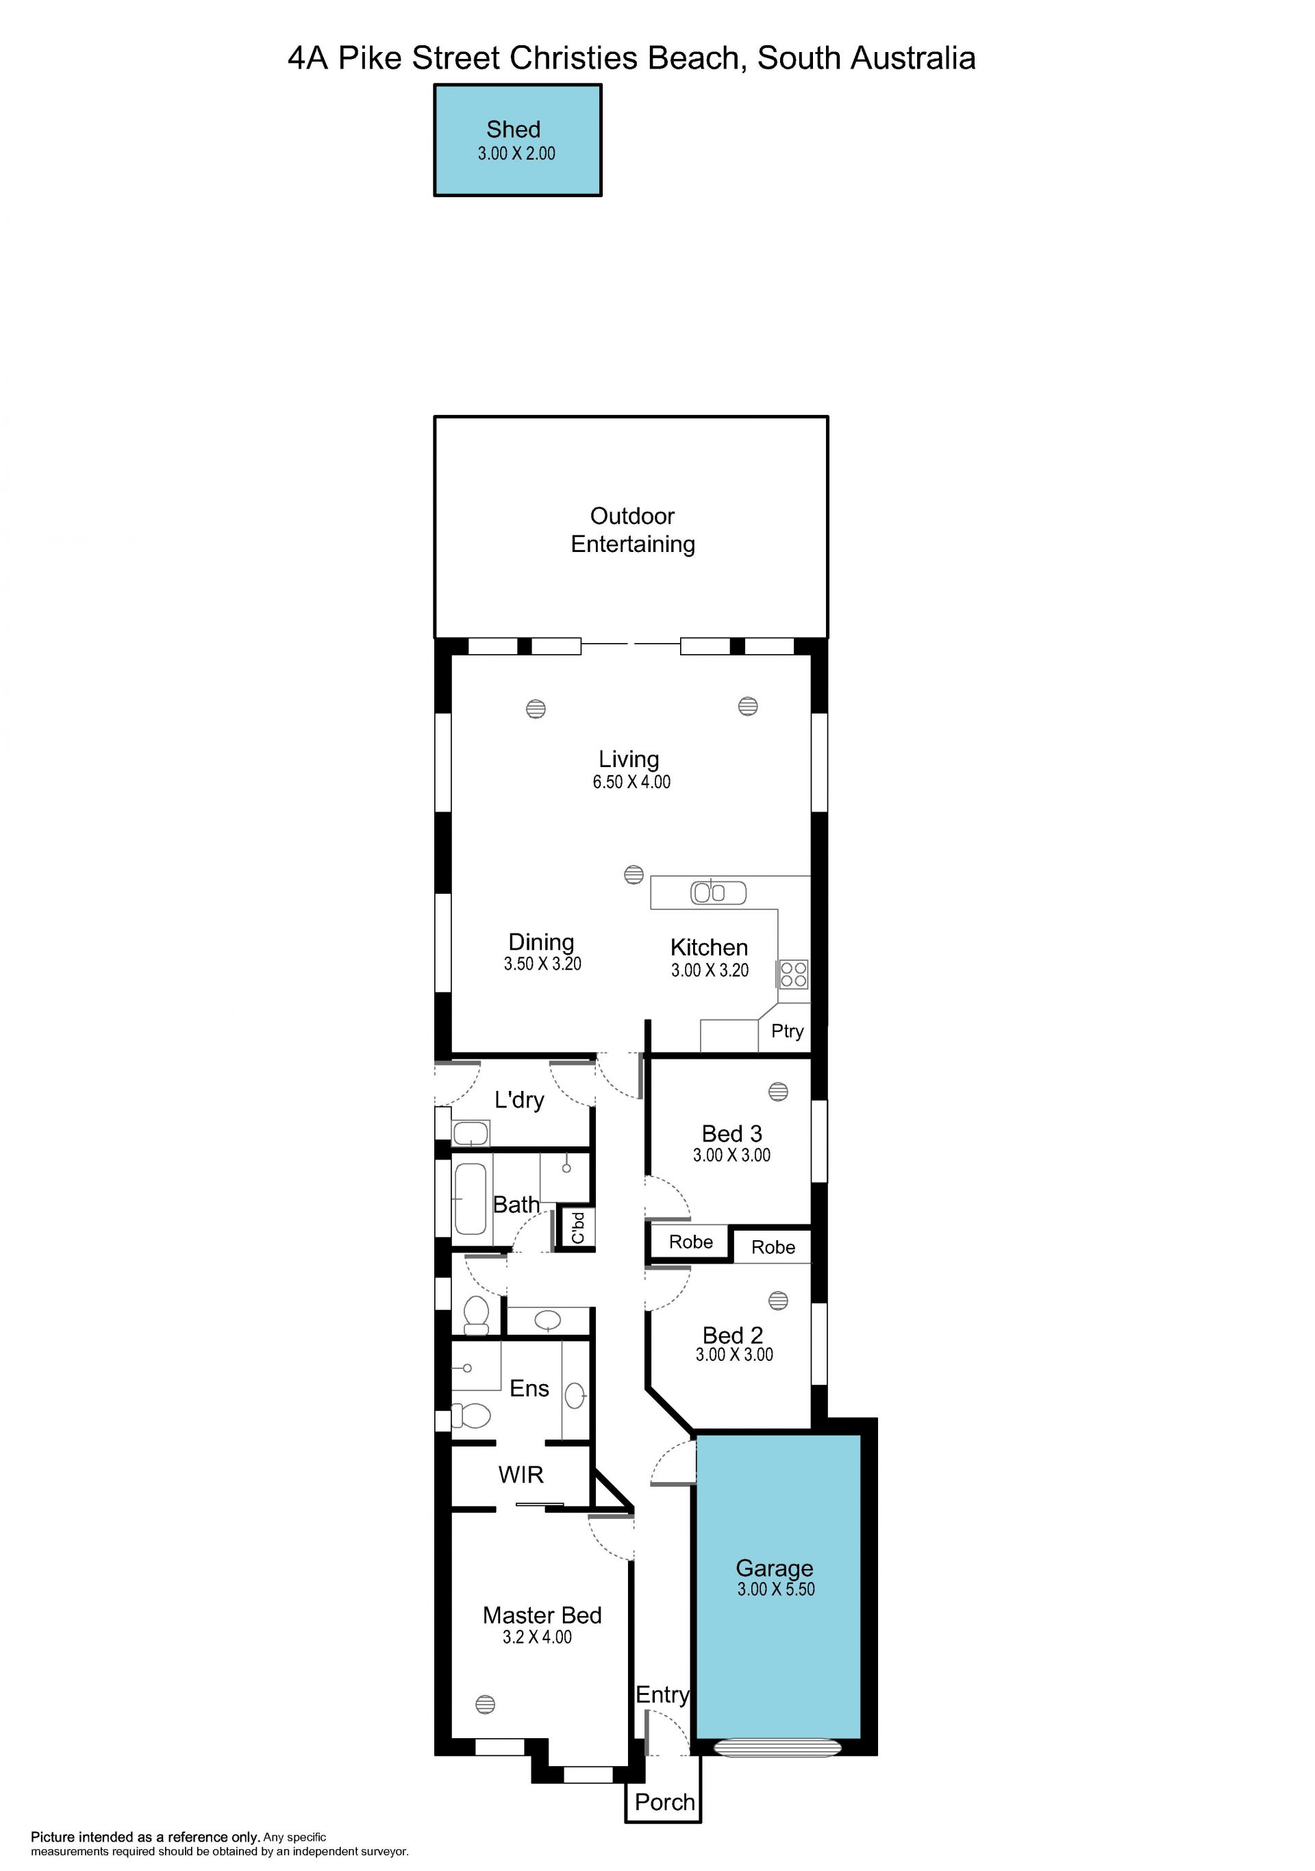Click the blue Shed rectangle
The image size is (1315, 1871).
(x=517, y=140)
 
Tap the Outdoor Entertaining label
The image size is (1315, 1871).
(x=632, y=529)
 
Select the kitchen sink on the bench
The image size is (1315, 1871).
(x=718, y=892)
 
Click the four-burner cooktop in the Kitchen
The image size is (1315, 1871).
(x=794, y=974)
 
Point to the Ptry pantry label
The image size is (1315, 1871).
(x=787, y=1031)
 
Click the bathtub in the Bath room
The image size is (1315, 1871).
(x=470, y=1198)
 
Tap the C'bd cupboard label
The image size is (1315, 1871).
(x=577, y=1227)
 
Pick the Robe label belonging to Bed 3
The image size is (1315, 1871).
(x=691, y=1241)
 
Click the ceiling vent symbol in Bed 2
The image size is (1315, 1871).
(x=778, y=1301)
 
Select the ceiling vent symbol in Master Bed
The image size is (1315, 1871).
(x=485, y=1704)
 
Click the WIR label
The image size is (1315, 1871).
(x=521, y=1474)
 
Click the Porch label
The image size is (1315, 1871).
(x=665, y=1802)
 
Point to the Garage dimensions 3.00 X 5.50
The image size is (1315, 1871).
(x=775, y=1588)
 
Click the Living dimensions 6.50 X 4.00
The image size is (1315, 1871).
(x=631, y=781)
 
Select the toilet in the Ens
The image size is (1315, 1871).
(x=471, y=1415)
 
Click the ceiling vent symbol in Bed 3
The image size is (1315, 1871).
(x=778, y=1091)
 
